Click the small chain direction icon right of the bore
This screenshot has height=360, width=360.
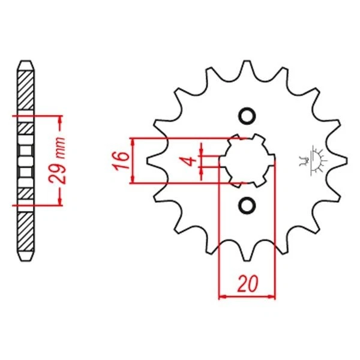tap(313, 160)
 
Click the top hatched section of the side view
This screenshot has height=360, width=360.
tap(25, 90)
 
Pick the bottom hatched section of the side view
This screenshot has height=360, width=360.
tap(25, 231)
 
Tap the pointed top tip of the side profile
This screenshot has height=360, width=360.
tap(25, 62)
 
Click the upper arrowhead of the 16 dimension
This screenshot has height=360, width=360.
tap(134, 142)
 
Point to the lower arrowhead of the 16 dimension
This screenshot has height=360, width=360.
tap(134, 178)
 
